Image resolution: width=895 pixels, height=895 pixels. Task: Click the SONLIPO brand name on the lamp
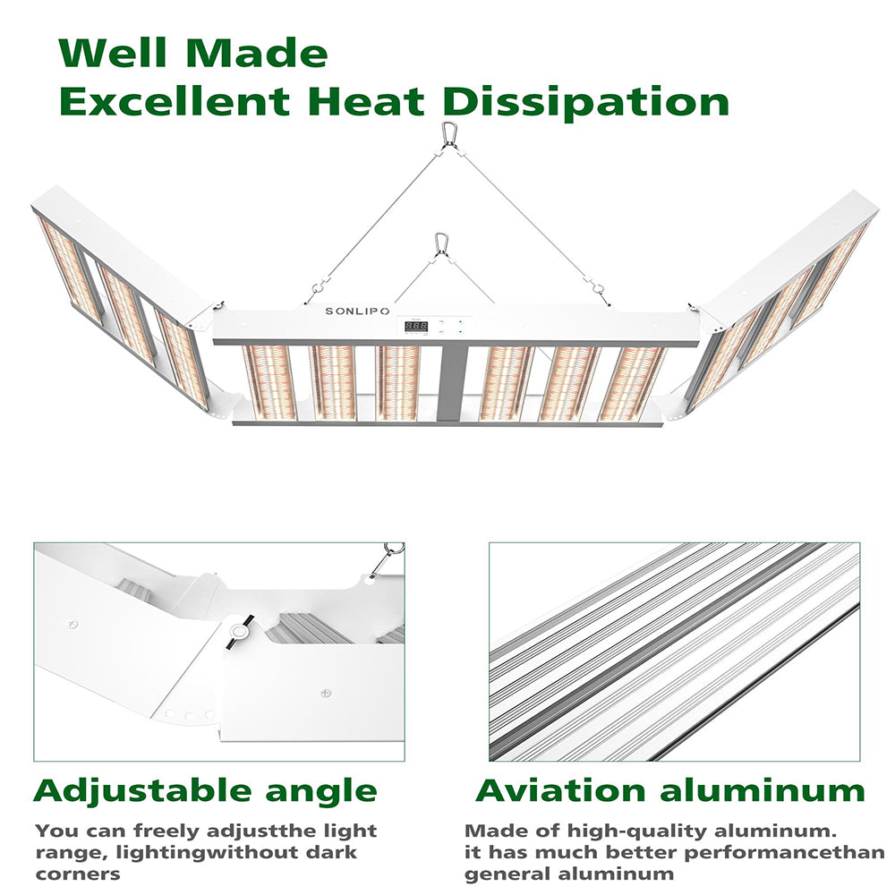click(357, 311)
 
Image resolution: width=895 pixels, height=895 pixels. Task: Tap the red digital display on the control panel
click(416, 327)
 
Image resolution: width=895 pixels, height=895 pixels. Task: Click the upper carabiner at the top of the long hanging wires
click(448, 133)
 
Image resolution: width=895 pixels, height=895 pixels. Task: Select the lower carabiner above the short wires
click(440, 243)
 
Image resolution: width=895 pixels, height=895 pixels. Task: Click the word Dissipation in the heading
click(586, 102)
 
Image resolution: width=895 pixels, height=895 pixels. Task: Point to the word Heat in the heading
click(366, 102)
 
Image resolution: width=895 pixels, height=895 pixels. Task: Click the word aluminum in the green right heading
click(763, 790)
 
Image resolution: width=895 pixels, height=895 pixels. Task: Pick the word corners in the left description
click(78, 874)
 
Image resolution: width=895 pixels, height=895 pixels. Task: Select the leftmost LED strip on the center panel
click(269, 382)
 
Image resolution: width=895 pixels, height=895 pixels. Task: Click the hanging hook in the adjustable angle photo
click(387, 558)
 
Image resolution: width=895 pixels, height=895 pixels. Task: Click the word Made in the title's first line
click(257, 53)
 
